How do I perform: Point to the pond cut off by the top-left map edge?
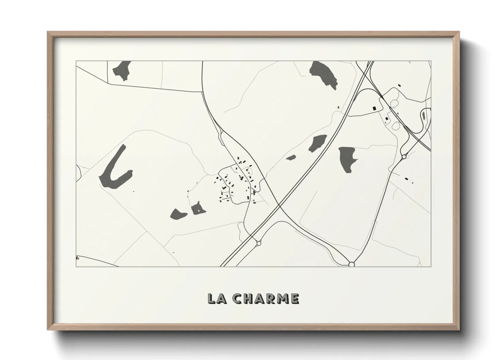[122, 70]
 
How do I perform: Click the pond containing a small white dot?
[197, 209]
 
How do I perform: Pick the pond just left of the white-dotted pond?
[178, 214]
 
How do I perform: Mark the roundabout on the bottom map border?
[352, 264]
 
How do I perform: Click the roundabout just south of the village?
[259, 243]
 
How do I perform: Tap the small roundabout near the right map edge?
[404, 157]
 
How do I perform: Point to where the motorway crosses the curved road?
[279, 206]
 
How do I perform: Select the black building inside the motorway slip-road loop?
[375, 108]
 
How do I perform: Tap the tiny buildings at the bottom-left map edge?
[78, 258]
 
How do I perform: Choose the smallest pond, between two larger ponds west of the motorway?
[291, 158]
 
